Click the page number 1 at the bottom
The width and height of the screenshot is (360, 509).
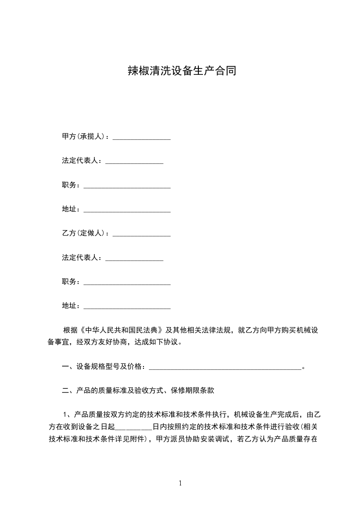coord(180,483)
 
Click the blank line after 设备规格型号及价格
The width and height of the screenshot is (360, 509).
coord(225,367)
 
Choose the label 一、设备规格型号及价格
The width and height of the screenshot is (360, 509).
coord(104,366)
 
